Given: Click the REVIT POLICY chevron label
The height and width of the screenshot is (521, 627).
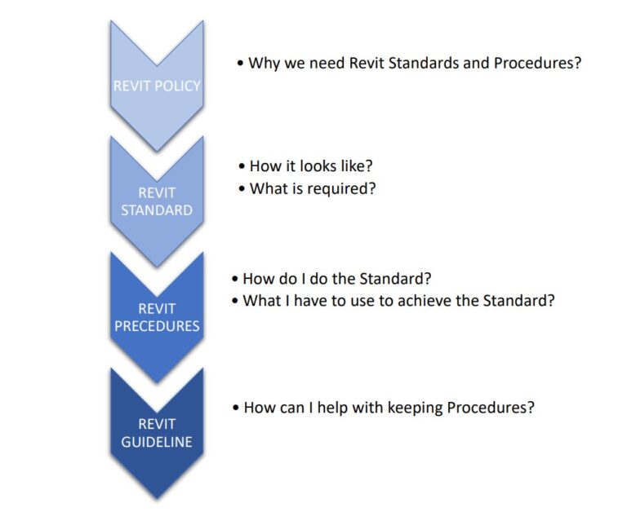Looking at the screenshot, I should [x=157, y=86].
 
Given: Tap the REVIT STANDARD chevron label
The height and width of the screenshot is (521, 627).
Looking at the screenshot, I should [x=157, y=201].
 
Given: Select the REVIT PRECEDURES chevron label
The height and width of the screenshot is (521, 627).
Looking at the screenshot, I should [x=157, y=317].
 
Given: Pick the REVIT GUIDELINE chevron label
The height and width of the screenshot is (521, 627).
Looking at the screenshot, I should [x=157, y=433].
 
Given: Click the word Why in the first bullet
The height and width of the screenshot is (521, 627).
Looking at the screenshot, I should [x=264, y=63].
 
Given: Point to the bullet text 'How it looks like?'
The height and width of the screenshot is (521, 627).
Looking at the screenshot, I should [x=311, y=166].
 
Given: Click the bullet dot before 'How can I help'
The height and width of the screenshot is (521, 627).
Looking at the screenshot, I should [x=235, y=408].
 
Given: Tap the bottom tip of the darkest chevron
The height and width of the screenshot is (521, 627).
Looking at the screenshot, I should [x=157, y=497].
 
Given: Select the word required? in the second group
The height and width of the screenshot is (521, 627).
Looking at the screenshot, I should [x=351, y=188].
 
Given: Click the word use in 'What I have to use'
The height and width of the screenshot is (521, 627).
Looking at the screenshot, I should [x=356, y=300].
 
